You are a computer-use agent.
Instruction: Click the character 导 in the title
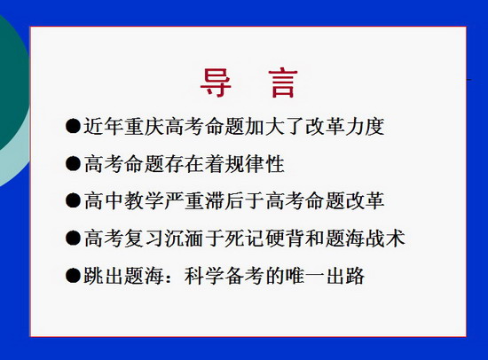click(x=216, y=82)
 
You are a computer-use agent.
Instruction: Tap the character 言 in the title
click(x=283, y=83)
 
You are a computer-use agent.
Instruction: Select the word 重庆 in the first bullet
click(x=144, y=126)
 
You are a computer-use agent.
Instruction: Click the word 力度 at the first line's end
click(x=365, y=126)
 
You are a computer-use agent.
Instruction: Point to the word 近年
click(x=104, y=126)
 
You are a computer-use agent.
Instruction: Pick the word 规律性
click(x=254, y=164)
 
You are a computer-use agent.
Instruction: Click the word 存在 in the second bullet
click(x=185, y=164)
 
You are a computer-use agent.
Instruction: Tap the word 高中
click(x=104, y=200)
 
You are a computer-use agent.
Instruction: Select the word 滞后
click(x=224, y=200)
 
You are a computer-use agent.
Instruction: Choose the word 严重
click(x=185, y=200)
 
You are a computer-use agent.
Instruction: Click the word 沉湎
click(x=185, y=239)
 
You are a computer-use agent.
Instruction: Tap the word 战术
click(x=385, y=239)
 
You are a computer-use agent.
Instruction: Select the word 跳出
click(x=104, y=276)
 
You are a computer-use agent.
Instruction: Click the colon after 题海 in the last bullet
click(x=169, y=277)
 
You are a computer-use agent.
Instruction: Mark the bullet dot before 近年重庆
click(x=73, y=126)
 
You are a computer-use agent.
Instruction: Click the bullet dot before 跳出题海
click(x=73, y=276)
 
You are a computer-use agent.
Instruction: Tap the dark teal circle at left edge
click(x=12, y=84)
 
